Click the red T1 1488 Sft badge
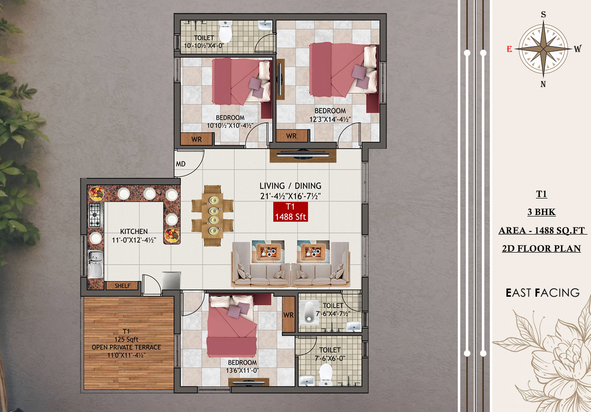coord(290,212)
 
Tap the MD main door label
coord(181,164)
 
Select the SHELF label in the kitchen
coord(123,286)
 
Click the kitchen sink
coord(95,264)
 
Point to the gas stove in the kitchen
coord(96,215)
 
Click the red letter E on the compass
coord(509,49)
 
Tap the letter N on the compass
coord(543,84)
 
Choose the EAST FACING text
coord(542,292)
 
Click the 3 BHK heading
coord(541,212)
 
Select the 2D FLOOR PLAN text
coord(541,248)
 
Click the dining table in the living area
coord(212,216)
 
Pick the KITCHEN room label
coord(134,231)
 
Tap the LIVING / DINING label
coord(290,185)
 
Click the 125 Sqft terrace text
coord(126,339)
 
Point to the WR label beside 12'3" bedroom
coord(291,136)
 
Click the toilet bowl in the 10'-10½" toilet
coord(225,32)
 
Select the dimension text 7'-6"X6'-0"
coord(330,358)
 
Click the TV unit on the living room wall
coord(303,155)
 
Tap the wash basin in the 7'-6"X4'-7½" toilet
coord(354,326)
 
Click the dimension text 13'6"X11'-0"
coord(242,371)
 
